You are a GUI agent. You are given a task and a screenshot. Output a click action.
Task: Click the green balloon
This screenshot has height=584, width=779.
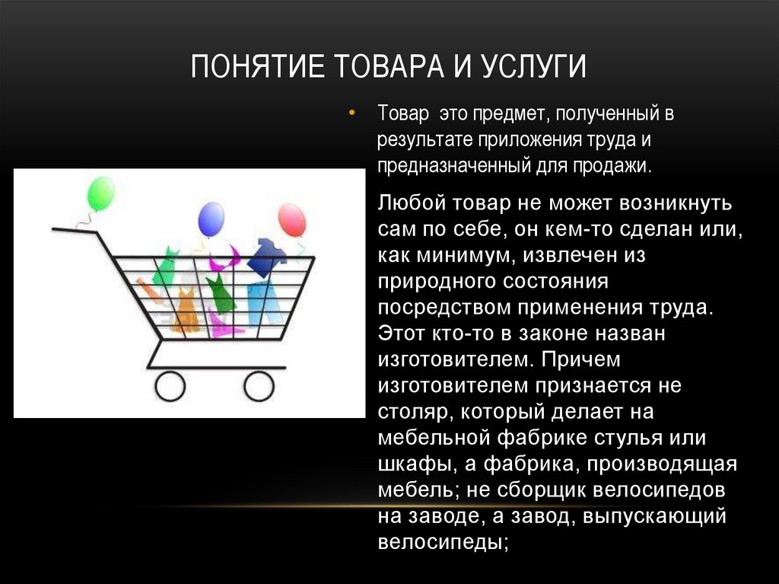101,193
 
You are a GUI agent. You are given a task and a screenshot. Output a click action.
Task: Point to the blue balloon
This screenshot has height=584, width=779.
211,219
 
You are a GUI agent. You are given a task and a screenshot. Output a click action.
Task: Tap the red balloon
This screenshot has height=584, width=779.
292,219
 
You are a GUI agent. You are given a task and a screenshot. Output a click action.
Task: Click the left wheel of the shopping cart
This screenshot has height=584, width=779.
170,386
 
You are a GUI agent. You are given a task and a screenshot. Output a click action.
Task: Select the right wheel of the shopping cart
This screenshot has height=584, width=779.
259,386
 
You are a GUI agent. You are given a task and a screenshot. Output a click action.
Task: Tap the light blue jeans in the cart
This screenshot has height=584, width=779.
264,303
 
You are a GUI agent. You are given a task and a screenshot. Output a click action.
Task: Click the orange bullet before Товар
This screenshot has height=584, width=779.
351,113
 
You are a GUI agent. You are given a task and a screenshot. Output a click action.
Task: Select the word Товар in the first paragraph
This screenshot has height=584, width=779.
403,113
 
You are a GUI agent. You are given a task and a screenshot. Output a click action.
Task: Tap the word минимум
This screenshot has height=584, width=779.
464,255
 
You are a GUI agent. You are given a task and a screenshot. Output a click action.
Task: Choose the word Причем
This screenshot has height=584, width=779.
580,359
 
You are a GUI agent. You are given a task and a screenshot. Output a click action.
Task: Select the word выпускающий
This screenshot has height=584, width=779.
654,515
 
